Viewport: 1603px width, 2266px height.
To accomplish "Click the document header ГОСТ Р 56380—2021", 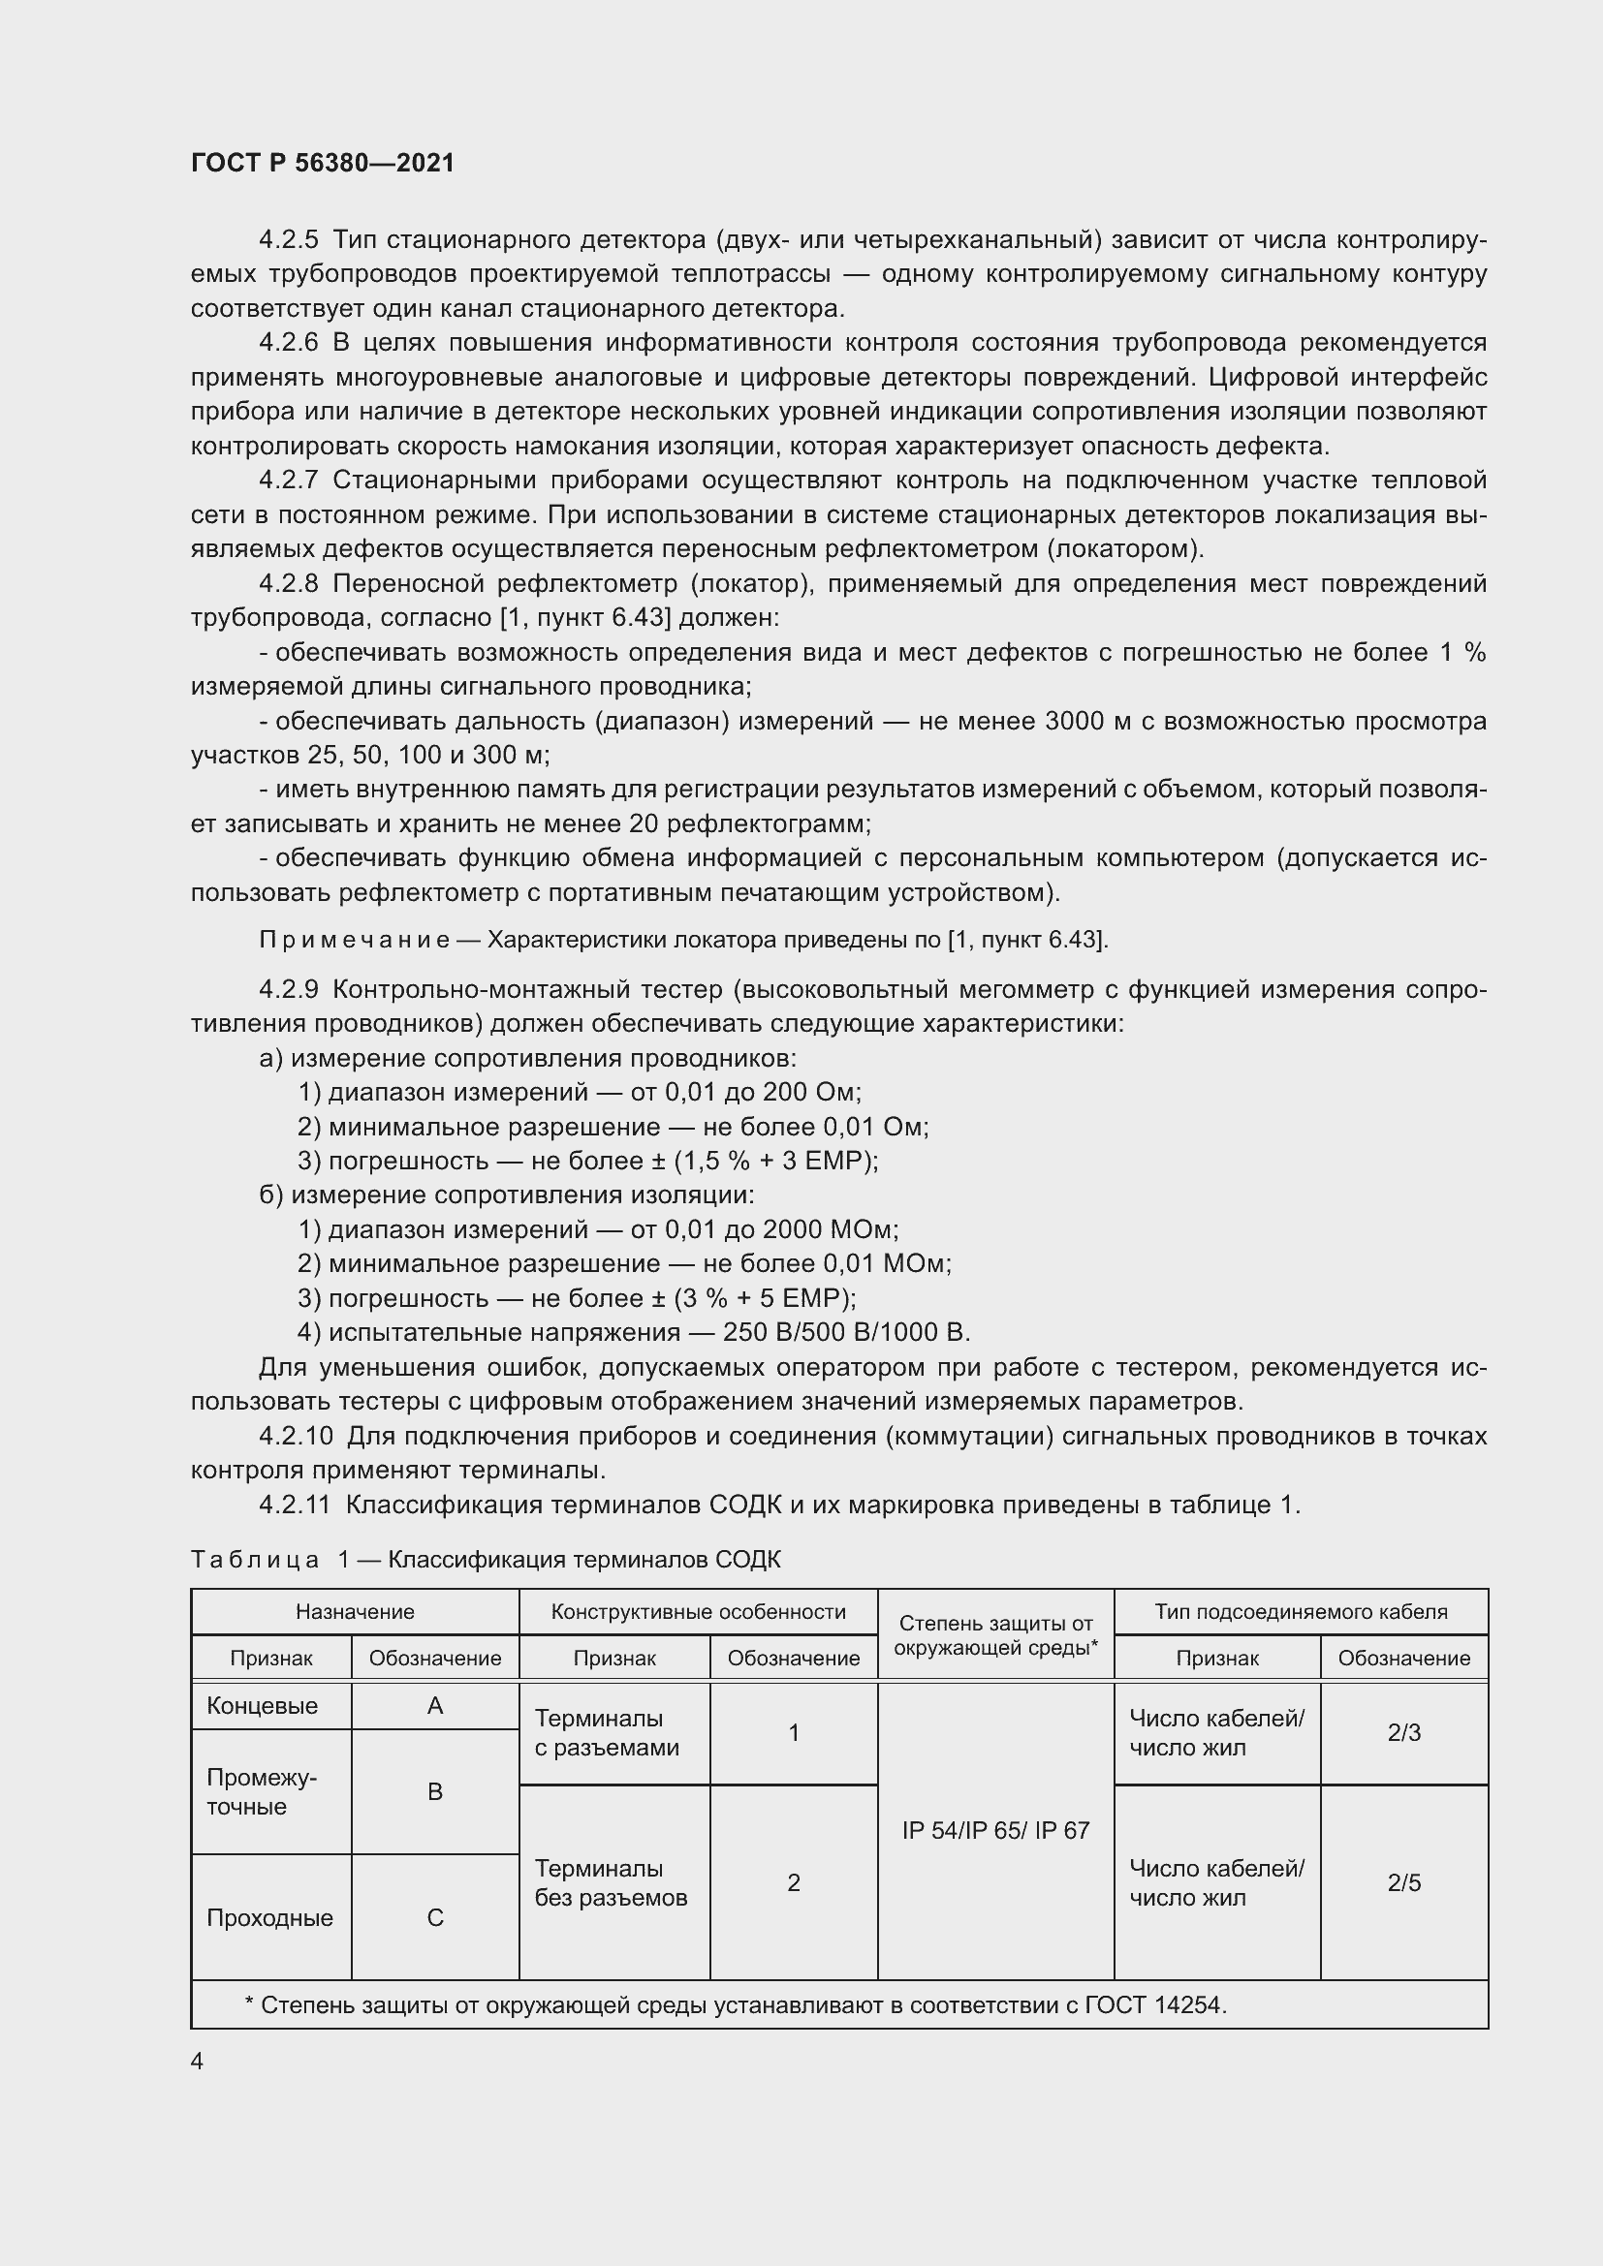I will pyautogui.click(x=322, y=163).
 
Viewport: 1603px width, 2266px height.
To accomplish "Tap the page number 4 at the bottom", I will pyautogui.click(x=198, y=2061).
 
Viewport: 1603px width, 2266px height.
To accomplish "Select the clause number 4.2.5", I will pyautogui.click(x=288, y=240).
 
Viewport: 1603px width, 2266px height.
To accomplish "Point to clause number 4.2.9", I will pyautogui.click(x=288, y=990).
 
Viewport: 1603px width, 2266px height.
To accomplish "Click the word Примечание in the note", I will pyautogui.click(x=355, y=940).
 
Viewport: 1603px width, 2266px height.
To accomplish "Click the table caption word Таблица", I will pyautogui.click(x=255, y=1560).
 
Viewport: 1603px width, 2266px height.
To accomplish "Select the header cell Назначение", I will pyautogui.click(x=355, y=1612).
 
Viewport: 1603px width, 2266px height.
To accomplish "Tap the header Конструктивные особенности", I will pyautogui.click(x=698, y=1612).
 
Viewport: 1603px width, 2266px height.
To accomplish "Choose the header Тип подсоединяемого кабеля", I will pyautogui.click(x=1300, y=1612).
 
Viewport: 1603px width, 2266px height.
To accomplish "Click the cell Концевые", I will pyautogui.click(x=263, y=1705).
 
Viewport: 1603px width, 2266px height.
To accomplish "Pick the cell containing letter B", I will pyautogui.click(x=434, y=1791).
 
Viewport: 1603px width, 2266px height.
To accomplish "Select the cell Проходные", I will pyautogui.click(x=269, y=1917).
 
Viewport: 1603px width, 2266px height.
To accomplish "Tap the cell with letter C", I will pyautogui.click(x=434, y=1917).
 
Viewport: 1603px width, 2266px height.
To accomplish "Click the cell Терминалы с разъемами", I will pyautogui.click(x=607, y=1733).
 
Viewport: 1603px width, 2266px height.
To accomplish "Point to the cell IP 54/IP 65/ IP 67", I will pyautogui.click(x=995, y=1831).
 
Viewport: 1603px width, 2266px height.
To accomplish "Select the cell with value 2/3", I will pyautogui.click(x=1403, y=1733).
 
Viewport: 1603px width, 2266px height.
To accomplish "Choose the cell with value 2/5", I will pyautogui.click(x=1403, y=1883).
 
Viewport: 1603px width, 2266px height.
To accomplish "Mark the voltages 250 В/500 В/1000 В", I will pyautogui.click(x=846, y=1332).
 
